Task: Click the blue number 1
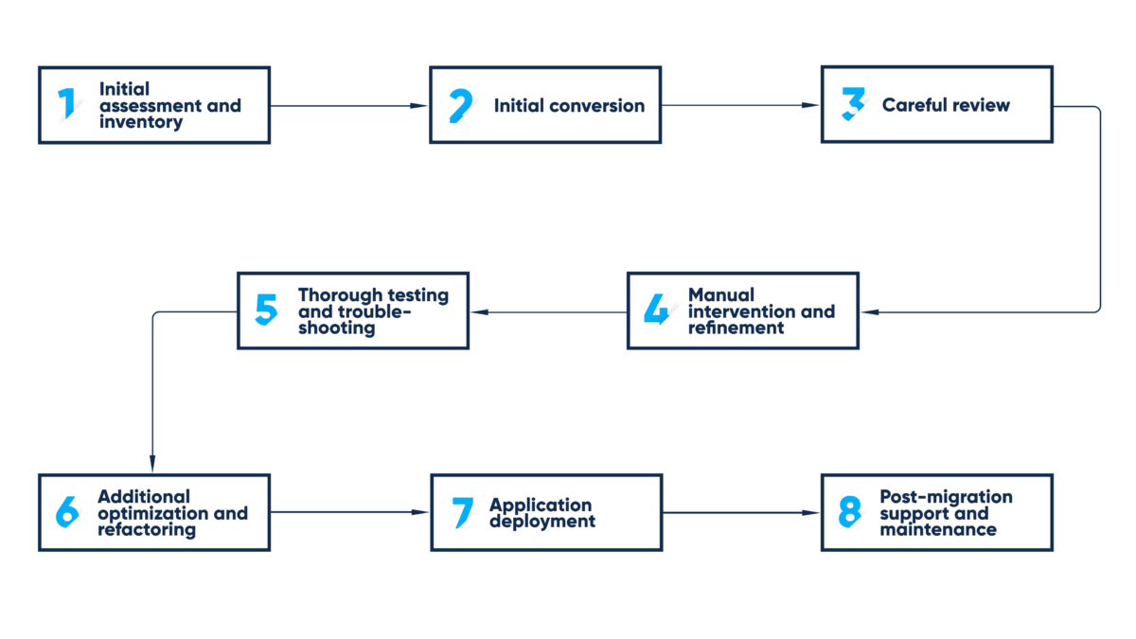click(66, 104)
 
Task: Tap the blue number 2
click(460, 105)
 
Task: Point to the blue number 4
click(656, 310)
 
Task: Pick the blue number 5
click(267, 311)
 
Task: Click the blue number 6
click(67, 512)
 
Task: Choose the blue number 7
click(462, 512)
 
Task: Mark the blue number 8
click(849, 512)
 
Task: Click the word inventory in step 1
click(141, 122)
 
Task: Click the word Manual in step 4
click(720, 294)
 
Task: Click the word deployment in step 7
click(542, 521)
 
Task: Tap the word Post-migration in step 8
click(946, 497)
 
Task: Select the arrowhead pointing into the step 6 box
click(152, 465)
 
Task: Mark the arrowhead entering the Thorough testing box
click(478, 311)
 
